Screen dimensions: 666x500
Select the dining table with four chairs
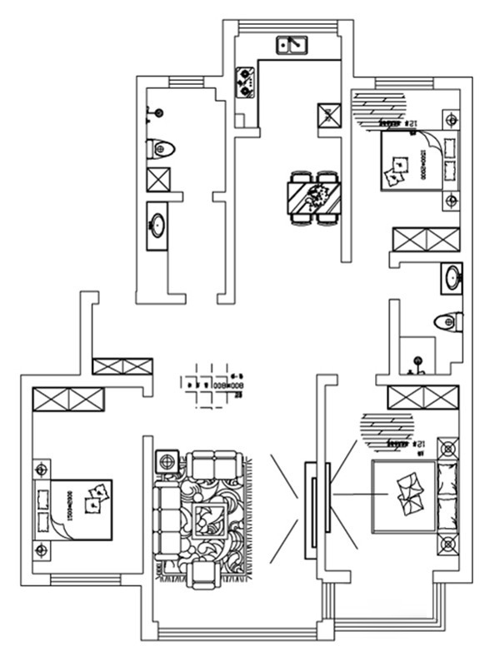(x=314, y=197)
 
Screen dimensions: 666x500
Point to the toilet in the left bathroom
(x=162, y=149)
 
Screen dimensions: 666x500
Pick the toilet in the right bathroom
(x=450, y=321)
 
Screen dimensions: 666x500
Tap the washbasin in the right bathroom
(x=450, y=277)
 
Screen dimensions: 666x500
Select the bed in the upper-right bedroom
(x=412, y=161)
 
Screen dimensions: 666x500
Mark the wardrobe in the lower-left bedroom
(x=68, y=399)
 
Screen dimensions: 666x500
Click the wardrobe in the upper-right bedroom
(x=426, y=240)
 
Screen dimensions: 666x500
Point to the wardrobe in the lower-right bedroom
(x=423, y=397)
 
